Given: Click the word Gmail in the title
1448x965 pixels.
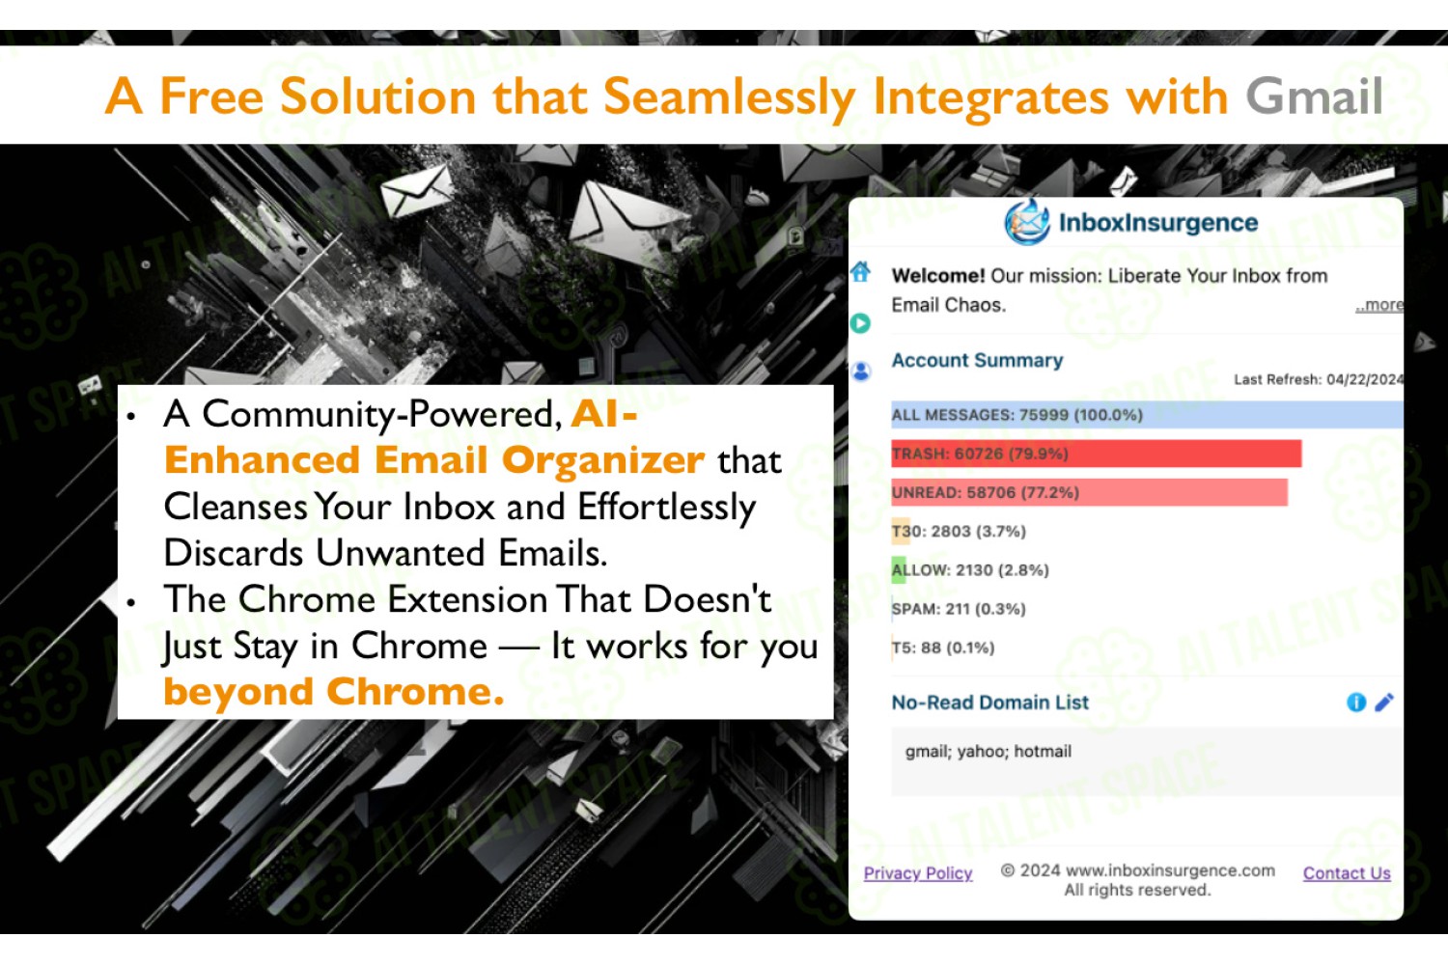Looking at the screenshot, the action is click(1314, 96).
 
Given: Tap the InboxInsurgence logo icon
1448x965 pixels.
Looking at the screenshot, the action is click(1026, 222).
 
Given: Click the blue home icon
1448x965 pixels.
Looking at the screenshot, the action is click(860, 271).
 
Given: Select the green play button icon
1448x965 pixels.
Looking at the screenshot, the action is click(860, 322).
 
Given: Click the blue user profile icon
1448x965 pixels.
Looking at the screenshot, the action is click(861, 371).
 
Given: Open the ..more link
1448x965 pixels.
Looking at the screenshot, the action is click(1378, 304).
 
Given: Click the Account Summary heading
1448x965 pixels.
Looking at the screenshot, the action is click(977, 360).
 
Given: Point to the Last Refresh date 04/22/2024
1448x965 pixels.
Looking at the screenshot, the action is click(1365, 379).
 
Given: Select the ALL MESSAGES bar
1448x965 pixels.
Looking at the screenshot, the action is click(1147, 414).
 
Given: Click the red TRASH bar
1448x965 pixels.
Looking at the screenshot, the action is click(1096, 454).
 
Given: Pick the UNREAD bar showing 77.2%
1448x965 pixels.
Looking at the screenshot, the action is click(1089, 492).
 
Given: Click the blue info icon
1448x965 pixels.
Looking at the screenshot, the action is click(1355, 702).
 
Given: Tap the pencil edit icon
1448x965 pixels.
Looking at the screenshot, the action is click(1384, 702).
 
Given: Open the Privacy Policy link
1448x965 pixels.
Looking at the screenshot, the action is click(918, 873).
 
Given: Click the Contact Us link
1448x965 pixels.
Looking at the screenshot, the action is click(1347, 873).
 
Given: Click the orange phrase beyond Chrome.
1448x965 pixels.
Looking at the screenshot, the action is click(334, 691).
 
